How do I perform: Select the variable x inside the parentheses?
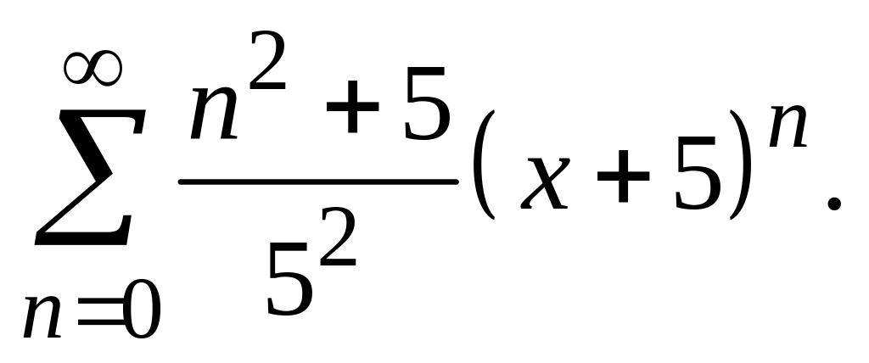(x=543, y=184)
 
